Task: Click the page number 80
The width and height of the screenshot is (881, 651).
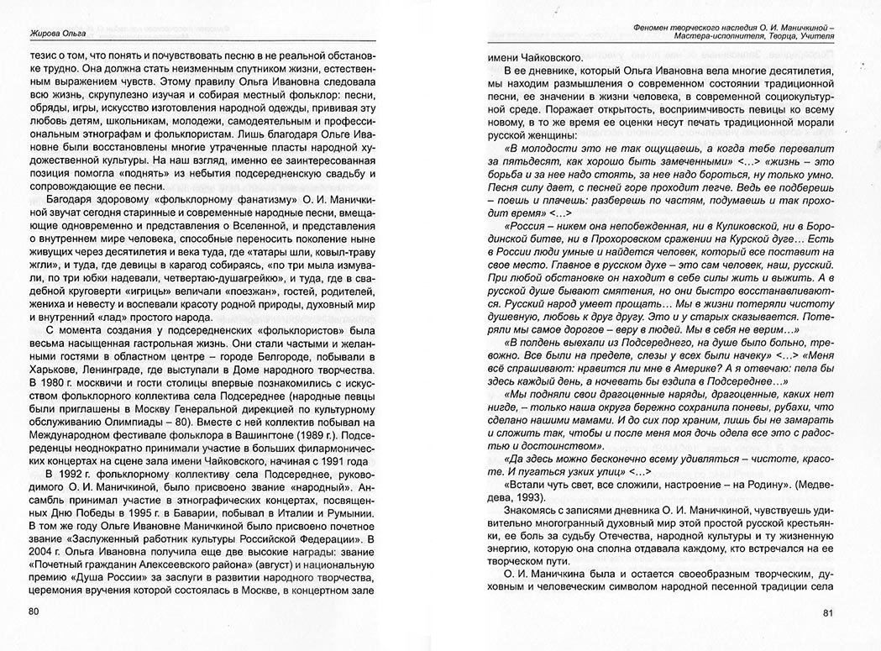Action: coord(35,611)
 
